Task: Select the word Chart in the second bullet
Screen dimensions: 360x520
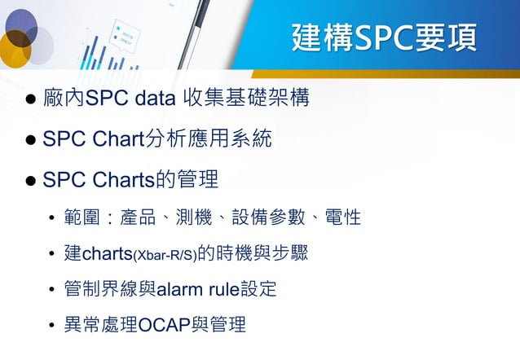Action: [x=118, y=139]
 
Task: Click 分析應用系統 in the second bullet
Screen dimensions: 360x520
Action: [x=208, y=139]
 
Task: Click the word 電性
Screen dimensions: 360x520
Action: [x=343, y=218]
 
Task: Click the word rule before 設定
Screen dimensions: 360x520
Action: [x=223, y=290]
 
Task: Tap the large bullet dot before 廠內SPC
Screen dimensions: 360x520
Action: [x=30, y=102]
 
